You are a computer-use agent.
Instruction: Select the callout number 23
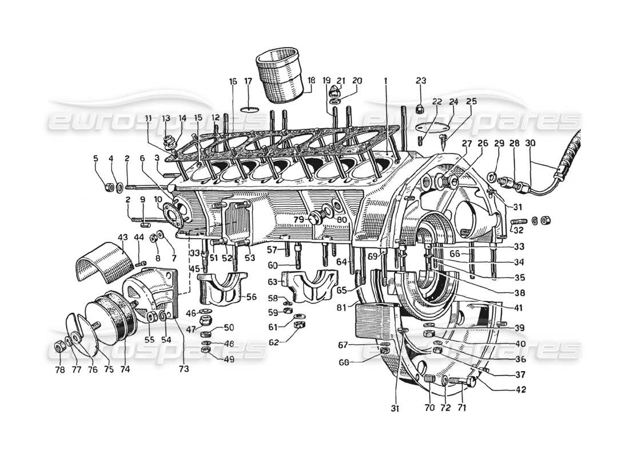pos(421,81)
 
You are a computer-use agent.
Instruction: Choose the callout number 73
pos(184,369)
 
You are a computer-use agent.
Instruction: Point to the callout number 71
pos(463,409)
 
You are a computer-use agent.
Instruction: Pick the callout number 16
pos(233,81)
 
